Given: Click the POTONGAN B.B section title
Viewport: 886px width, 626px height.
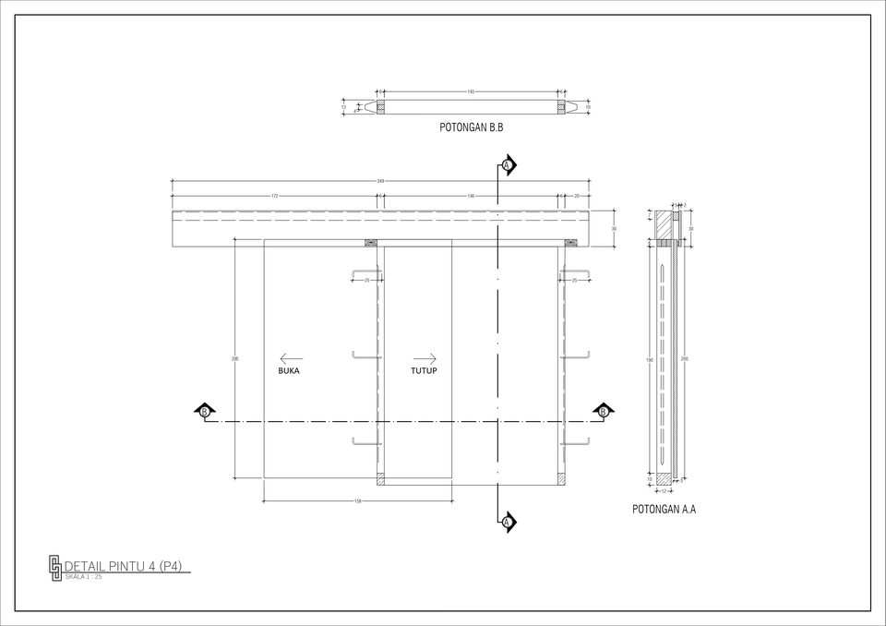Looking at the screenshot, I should [471, 127].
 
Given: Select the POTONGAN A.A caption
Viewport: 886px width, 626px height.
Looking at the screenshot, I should [664, 509].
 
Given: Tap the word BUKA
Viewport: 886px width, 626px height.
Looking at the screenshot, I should [289, 371].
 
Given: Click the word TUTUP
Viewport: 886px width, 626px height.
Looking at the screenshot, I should [424, 371].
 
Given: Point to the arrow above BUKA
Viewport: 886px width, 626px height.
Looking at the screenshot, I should [291, 358].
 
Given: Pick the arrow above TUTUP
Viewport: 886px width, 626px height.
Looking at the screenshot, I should [425, 358].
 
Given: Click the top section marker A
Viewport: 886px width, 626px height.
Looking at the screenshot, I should [508, 165].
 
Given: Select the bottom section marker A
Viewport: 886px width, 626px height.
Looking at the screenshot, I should [508, 523].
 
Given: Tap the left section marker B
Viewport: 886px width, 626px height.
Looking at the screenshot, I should [204, 411].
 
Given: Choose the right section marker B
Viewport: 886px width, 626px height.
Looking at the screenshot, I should [604, 411].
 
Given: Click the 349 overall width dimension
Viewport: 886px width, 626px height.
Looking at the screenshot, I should [380, 182].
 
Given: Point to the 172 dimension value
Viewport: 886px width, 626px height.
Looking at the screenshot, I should [275, 197].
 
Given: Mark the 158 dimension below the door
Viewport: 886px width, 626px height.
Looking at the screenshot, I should [357, 501].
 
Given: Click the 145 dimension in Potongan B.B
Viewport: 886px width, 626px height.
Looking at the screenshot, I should [471, 92].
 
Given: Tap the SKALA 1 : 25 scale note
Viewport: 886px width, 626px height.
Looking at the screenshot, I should [83, 577].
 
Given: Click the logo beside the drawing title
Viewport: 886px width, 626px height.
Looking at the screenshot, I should [55, 568].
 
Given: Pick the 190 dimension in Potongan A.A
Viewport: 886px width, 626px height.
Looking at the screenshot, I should [650, 358].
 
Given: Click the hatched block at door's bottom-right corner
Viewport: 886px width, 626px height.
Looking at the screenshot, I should [564, 479].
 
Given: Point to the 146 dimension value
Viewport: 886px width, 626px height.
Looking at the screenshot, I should [471, 197].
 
